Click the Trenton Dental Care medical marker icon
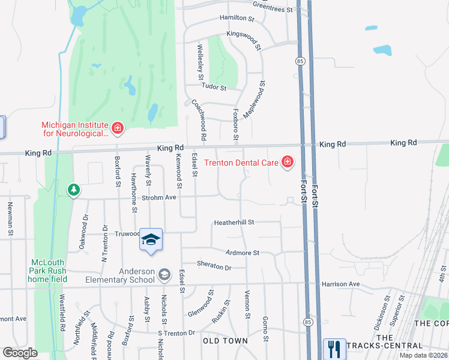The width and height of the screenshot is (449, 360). pyautogui.click(x=288, y=162)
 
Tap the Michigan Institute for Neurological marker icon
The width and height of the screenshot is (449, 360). pyautogui.click(x=118, y=128)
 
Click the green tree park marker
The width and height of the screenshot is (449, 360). pyautogui.click(x=74, y=190)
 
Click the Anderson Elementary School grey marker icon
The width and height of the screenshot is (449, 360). pyautogui.click(x=164, y=275)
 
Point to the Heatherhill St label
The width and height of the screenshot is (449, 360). pyautogui.click(x=234, y=222)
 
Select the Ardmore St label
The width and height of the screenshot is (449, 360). pyautogui.click(x=243, y=253)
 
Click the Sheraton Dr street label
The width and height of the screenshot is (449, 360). pyautogui.click(x=214, y=265)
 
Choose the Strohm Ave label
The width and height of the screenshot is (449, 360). pyautogui.click(x=158, y=197)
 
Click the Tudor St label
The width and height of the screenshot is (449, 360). pyautogui.click(x=214, y=87)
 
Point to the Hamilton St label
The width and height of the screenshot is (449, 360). pyautogui.click(x=237, y=19)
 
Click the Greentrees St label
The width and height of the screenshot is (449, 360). pyautogui.click(x=273, y=7)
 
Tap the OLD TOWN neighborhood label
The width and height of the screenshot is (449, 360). pyautogui.click(x=226, y=341)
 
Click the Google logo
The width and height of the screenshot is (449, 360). pyautogui.click(x=20, y=352)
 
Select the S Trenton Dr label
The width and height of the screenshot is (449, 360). pyautogui.click(x=176, y=332)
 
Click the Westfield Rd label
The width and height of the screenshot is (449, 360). pyautogui.click(x=62, y=313)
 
